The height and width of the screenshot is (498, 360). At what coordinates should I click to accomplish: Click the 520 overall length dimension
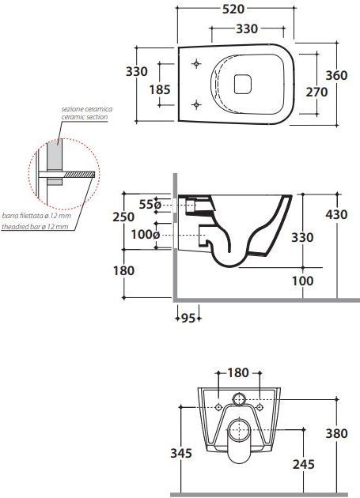click(x=233, y=9)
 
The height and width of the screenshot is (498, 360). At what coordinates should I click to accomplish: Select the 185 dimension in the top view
click(x=160, y=89)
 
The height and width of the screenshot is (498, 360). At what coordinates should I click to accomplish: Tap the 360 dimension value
click(x=337, y=75)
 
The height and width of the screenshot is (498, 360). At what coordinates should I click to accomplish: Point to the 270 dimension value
click(x=316, y=92)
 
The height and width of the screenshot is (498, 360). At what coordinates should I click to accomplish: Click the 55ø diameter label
click(x=150, y=204)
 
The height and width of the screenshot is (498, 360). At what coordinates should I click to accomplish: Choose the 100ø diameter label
click(x=146, y=235)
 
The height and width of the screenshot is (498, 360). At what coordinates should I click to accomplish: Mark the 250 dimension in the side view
click(x=123, y=217)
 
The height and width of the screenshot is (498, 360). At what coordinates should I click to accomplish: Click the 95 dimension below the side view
click(x=188, y=318)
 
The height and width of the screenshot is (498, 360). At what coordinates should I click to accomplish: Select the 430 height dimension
click(x=337, y=214)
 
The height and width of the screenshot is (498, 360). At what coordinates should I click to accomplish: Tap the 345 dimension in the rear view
click(x=181, y=453)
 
